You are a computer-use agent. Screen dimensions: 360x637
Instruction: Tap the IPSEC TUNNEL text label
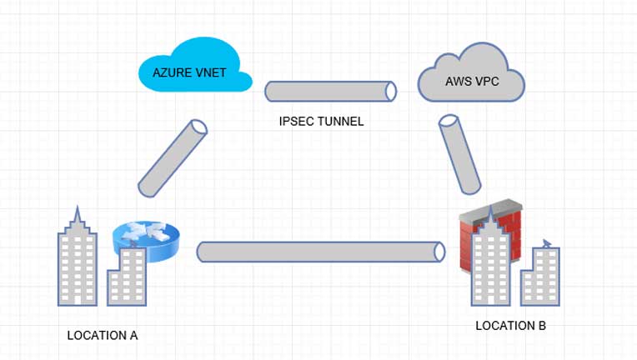point(322,122)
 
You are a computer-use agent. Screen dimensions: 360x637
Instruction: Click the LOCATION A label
point(103,335)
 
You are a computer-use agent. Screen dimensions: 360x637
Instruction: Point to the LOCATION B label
point(510,326)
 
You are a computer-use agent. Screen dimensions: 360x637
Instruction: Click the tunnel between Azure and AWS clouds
point(330,92)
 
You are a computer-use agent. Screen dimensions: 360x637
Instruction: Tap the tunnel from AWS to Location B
point(459,154)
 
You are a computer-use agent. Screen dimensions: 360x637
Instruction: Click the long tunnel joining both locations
point(321,252)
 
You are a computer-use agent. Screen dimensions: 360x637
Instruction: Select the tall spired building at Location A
point(77,262)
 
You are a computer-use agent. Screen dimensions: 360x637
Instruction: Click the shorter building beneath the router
point(126,275)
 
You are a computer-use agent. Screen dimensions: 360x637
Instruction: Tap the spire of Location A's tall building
point(77,217)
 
